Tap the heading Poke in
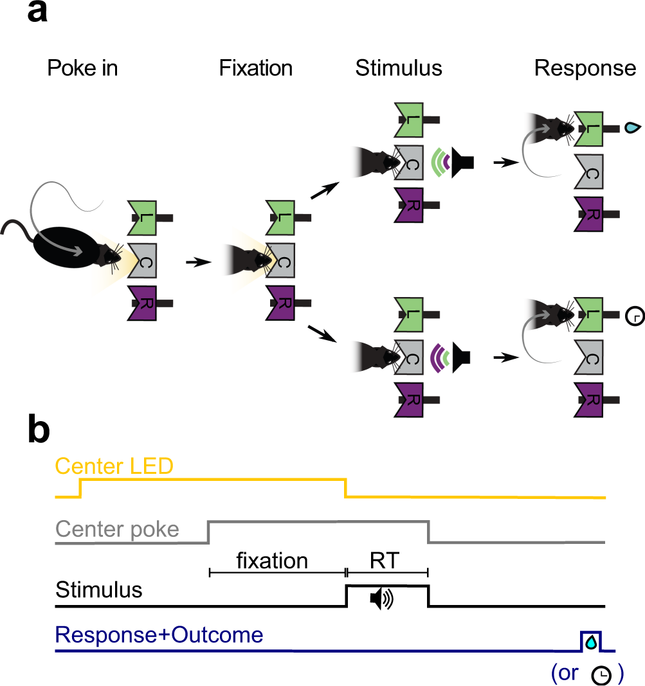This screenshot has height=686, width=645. point(82,68)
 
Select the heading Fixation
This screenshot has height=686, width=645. point(255,68)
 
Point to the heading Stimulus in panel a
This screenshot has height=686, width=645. point(399,68)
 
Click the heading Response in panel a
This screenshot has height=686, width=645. point(585,68)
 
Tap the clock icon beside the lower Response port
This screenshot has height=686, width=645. point(633,316)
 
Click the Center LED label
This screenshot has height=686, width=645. point(114,466)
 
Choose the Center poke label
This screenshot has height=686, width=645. point(117,530)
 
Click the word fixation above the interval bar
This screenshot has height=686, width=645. point(272,561)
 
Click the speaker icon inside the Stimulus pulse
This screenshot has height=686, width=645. point(381,599)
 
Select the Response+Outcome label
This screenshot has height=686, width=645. point(159,635)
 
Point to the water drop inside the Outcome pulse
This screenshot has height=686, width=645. point(591,641)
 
